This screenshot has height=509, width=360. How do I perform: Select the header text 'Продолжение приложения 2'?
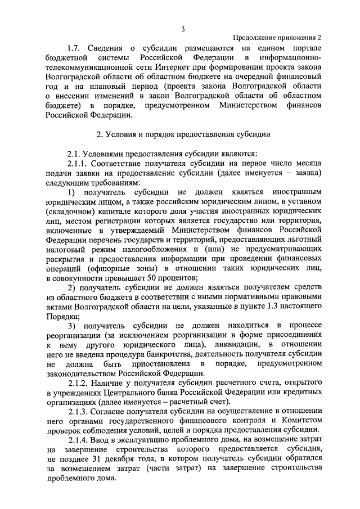point(277,38)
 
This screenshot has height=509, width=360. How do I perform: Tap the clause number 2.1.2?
point(78,382)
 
